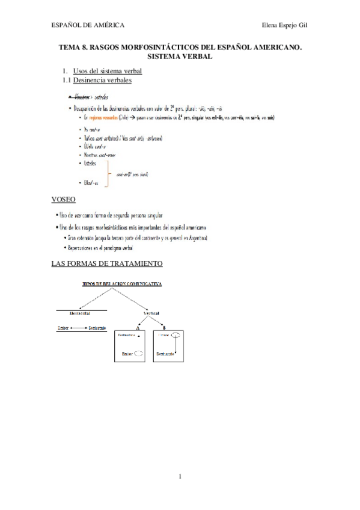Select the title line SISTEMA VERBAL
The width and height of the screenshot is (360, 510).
click(180, 56)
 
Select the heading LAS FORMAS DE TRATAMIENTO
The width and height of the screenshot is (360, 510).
click(108, 263)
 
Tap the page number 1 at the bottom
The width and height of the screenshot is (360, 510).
click(180, 478)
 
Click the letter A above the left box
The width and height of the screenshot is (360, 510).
click(138, 327)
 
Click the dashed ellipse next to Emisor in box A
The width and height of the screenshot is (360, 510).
click(138, 354)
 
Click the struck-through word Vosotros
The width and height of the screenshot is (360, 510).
click(81, 96)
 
